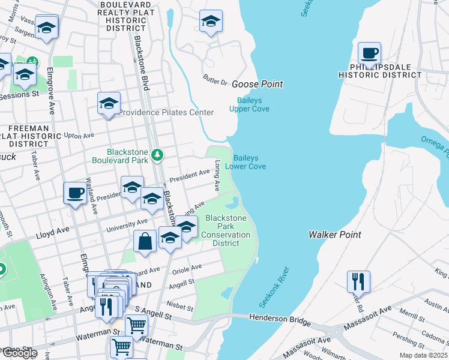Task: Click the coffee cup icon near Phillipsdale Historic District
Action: click(x=369, y=53)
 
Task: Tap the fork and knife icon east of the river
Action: click(x=358, y=281)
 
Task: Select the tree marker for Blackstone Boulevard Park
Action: click(x=157, y=155)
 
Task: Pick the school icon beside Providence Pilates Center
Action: click(x=109, y=103)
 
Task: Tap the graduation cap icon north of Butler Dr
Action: click(x=211, y=22)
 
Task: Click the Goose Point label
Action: click(x=257, y=85)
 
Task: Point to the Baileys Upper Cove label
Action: click(x=249, y=104)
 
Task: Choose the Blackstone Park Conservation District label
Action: click(x=226, y=230)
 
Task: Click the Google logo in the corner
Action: click(x=19, y=353)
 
